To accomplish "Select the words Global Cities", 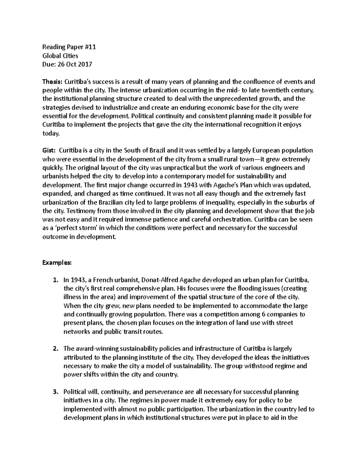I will (60, 56).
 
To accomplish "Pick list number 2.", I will (55, 349).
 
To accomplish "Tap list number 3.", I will (55, 392).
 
